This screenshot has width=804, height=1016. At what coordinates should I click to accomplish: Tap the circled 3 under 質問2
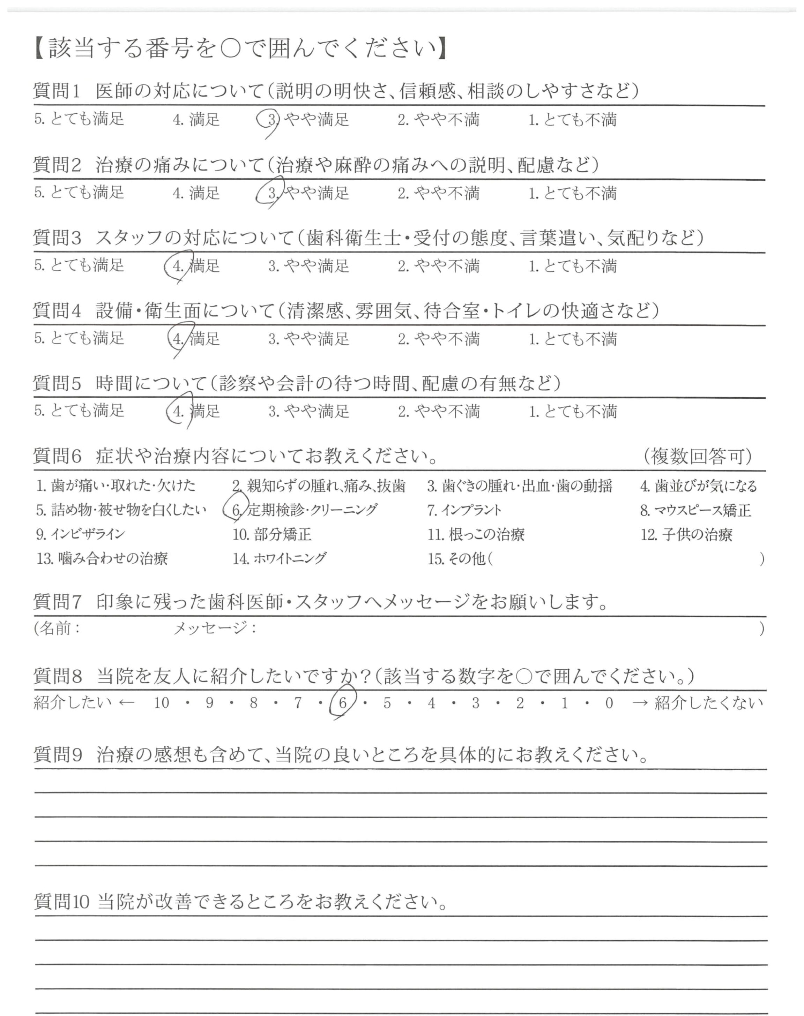point(271,193)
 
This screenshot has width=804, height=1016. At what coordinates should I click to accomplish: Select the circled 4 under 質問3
point(178,266)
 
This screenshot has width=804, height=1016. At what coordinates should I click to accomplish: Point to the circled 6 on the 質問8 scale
point(343,703)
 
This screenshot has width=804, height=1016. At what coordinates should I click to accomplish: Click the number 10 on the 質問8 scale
point(162,703)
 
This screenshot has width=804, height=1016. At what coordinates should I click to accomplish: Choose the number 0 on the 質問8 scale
point(609,703)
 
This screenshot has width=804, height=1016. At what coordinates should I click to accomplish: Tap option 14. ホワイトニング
point(279,559)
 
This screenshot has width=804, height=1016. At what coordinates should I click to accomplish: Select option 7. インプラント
point(464,510)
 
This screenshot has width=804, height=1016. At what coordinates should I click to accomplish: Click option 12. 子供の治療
point(686,535)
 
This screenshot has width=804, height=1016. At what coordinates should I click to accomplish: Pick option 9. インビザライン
point(81,535)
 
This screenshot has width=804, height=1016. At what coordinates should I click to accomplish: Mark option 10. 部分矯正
point(271,535)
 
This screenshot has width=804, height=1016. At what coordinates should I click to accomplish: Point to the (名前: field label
point(57,629)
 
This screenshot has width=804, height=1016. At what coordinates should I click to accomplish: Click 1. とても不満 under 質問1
point(572,120)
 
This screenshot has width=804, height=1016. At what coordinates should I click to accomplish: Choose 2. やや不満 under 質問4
point(438,339)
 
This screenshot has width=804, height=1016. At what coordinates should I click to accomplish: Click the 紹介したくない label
point(708,703)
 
